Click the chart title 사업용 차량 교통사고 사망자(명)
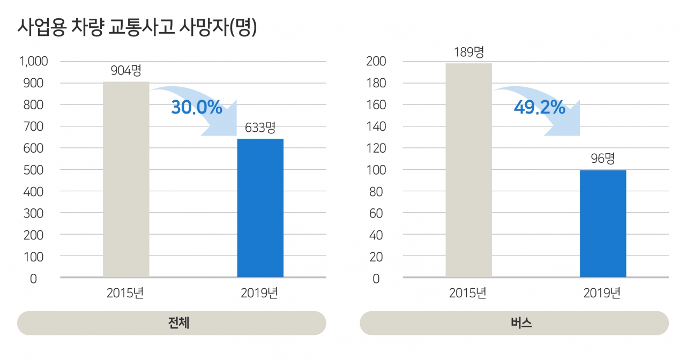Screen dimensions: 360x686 [137, 27]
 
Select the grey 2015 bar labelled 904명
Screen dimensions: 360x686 [126, 179]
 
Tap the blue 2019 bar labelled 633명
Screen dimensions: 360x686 [260, 208]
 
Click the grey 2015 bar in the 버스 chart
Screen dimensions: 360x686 [468, 170]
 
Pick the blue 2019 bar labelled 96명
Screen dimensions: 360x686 [603, 223]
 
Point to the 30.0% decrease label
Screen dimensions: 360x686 [197, 108]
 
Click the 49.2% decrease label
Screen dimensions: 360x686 [539, 108]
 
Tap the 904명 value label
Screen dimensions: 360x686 [126, 71]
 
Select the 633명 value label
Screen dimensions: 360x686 [260, 128]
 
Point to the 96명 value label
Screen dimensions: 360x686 [603, 159]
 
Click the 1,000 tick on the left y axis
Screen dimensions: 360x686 [34, 62]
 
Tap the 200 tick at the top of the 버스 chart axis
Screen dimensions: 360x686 [376, 62]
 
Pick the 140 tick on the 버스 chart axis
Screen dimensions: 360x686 [376, 126]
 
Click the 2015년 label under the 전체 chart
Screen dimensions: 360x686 [125, 294]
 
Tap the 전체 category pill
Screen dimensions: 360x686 [171, 324]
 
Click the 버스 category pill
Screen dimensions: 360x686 [514, 324]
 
